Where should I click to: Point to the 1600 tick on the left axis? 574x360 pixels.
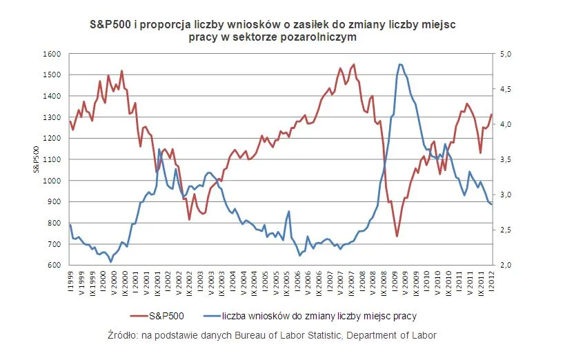54,54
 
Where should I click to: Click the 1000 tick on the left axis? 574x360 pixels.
54,181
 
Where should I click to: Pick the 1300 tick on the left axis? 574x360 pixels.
54,117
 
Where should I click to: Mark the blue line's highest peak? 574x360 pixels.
400,64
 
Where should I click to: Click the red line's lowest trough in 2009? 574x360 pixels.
397,237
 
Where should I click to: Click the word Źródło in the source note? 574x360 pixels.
124,335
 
